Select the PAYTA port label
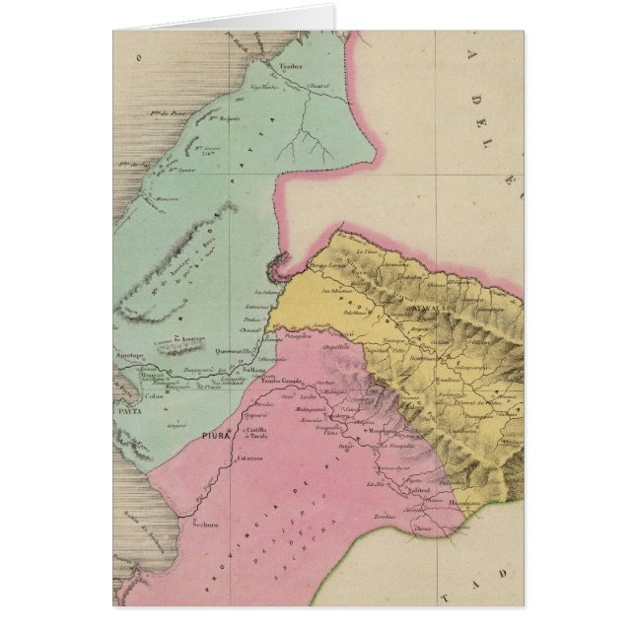(x=130, y=404)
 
